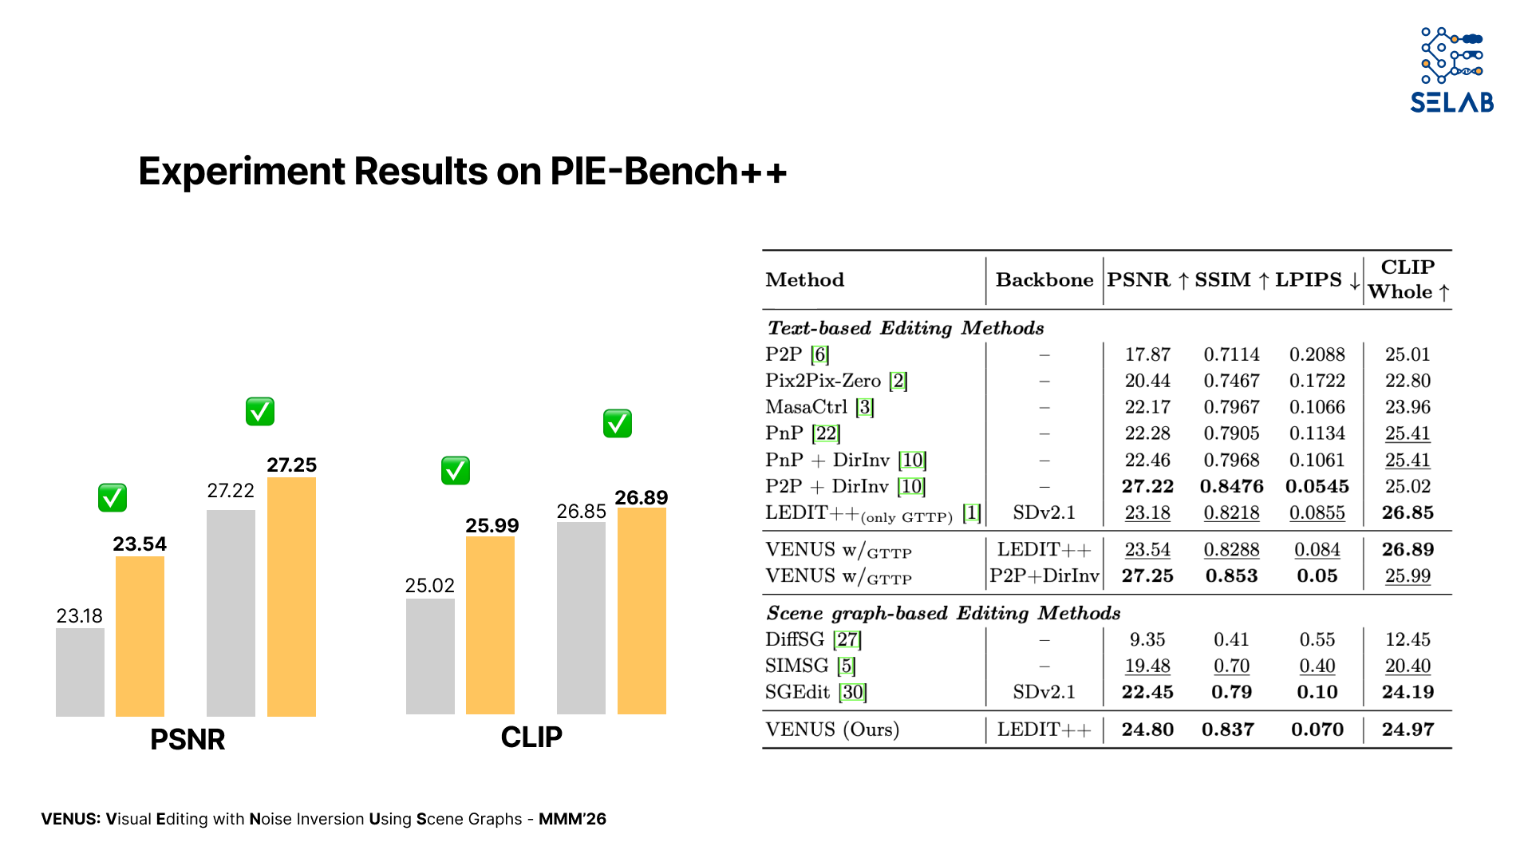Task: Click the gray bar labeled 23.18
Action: tap(80, 672)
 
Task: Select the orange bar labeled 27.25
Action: tap(291, 597)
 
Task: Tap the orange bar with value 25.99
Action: tap(490, 625)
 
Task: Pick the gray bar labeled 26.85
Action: tap(581, 618)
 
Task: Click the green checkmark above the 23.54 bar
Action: tap(113, 497)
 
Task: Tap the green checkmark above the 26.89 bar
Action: tap(618, 423)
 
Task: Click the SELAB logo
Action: tap(1451, 70)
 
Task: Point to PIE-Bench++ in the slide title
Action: tap(669, 172)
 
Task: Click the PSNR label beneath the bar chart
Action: tap(188, 740)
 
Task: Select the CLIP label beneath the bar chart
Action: tap(531, 737)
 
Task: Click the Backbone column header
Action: tap(1044, 280)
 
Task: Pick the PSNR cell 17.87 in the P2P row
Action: tap(1147, 354)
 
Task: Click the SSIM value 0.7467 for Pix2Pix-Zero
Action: tap(1231, 381)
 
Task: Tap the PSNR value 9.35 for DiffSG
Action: tap(1147, 639)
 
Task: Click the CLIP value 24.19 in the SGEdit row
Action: tap(1408, 692)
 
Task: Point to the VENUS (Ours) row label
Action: tap(832, 730)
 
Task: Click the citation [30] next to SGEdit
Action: tap(853, 692)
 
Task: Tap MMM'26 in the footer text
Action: tap(572, 819)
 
